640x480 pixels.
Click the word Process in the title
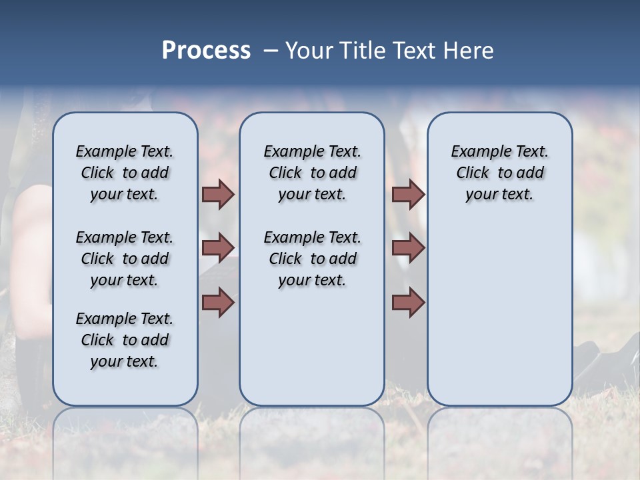206,51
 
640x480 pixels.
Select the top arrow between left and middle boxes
218,195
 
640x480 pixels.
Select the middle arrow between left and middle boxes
218,248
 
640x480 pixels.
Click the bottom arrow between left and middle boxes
218,303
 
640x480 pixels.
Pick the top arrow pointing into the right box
408,195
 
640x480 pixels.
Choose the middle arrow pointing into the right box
408,248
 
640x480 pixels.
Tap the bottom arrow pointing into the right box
408,303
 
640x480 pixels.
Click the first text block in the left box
125,173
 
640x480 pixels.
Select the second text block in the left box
125,259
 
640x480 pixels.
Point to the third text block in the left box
125,340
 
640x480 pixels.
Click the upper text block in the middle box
312,173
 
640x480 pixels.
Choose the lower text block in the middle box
312,259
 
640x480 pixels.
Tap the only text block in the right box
499,173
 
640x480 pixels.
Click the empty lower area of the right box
499,313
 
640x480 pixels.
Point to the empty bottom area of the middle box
312,353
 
